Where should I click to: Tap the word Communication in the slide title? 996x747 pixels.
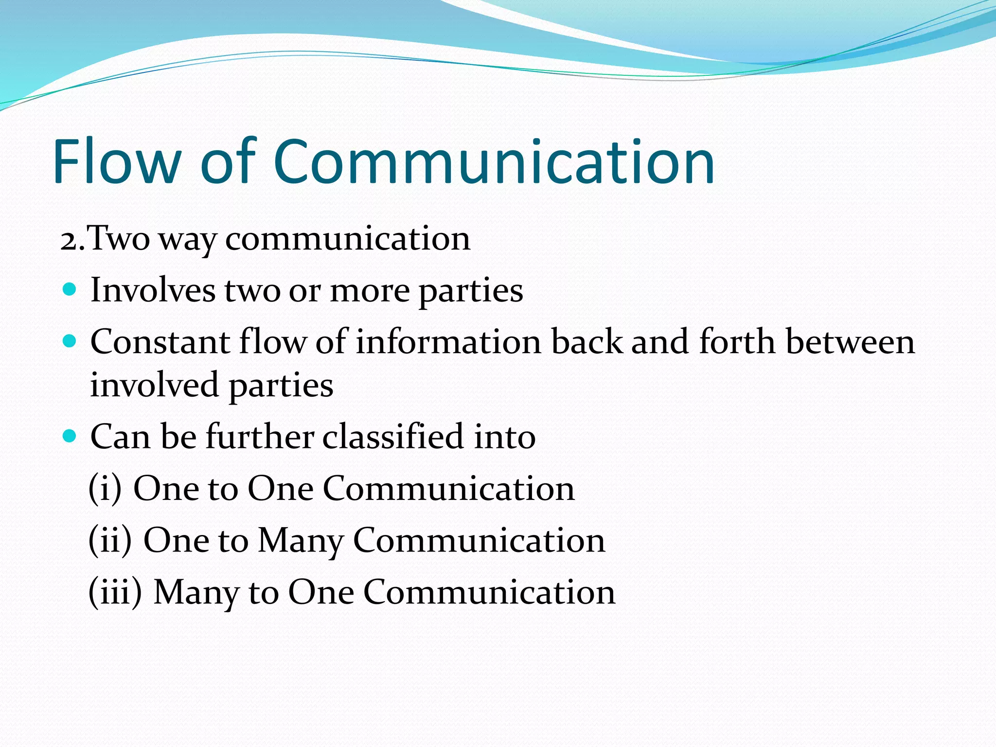(494, 161)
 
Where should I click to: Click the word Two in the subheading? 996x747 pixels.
(119, 239)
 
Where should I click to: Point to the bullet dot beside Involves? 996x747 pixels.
(70, 290)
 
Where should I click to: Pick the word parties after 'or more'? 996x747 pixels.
(471, 292)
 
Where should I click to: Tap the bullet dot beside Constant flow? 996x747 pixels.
(70, 341)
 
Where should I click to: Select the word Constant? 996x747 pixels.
(160, 342)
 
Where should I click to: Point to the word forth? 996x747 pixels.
(737, 342)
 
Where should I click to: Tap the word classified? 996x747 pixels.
(393, 436)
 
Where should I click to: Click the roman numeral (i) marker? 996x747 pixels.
(105, 488)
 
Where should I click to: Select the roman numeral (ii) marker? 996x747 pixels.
(110, 540)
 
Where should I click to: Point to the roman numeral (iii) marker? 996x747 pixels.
(115, 592)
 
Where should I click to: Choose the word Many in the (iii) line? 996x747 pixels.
(196, 593)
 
